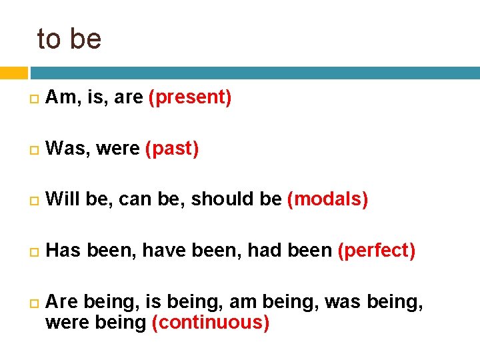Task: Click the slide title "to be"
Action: pos(69,39)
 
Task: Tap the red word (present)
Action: pos(190,97)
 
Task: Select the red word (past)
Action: pos(172,148)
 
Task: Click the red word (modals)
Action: pos(327,199)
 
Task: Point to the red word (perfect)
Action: pos(377,250)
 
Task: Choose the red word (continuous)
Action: pos(211,323)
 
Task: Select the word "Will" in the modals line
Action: pos(63,199)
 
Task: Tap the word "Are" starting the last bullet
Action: pos(62,302)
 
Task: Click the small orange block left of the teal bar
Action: pos(13,73)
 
